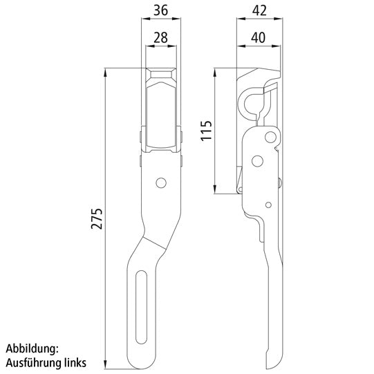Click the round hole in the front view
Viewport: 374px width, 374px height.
coord(161,183)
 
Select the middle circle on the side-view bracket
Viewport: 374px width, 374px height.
coord(258,161)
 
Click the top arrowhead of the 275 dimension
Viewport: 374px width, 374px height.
coord(104,72)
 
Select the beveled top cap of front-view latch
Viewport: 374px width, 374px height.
coord(162,74)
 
